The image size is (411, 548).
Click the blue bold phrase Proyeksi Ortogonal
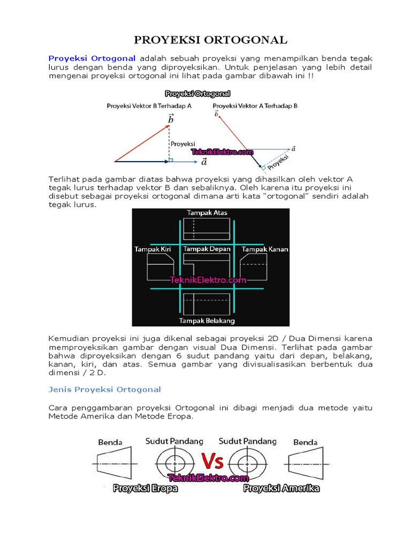click(x=92, y=58)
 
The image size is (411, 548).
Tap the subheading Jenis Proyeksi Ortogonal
click(x=104, y=389)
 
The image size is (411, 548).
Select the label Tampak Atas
click(x=207, y=212)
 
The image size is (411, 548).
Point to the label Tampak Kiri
click(x=151, y=249)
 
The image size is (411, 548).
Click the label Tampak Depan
click(x=207, y=249)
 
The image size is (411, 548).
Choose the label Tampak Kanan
click(x=261, y=249)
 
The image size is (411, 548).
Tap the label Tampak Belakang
click(x=207, y=321)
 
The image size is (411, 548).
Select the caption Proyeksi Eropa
click(x=145, y=488)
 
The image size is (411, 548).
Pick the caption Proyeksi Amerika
click(x=281, y=488)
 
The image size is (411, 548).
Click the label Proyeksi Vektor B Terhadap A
click(x=149, y=106)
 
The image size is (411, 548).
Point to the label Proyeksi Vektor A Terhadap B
click(x=255, y=106)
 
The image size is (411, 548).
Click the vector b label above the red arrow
click(x=171, y=119)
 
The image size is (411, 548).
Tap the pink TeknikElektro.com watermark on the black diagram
click(x=208, y=279)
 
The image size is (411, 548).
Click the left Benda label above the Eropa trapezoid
click(x=110, y=442)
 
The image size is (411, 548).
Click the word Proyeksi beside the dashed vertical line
click(x=182, y=143)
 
